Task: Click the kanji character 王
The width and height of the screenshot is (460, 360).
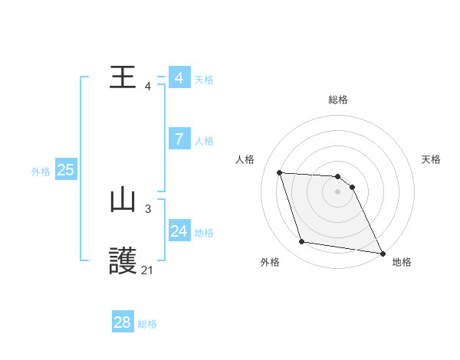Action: pyautogui.click(x=123, y=77)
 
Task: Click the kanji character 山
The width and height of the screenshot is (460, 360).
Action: pyautogui.click(x=123, y=201)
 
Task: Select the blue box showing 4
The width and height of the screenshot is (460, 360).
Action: pyautogui.click(x=179, y=78)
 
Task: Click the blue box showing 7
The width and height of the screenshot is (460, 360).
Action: pyautogui.click(x=179, y=139)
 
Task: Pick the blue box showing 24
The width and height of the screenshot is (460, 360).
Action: pyautogui.click(x=179, y=231)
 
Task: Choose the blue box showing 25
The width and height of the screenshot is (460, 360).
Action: pyautogui.click(x=65, y=170)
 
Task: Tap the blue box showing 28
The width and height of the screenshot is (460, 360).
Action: pyautogui.click(x=123, y=322)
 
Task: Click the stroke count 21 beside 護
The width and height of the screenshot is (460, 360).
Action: pyautogui.click(x=147, y=270)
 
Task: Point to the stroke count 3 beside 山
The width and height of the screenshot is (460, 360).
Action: pyautogui.click(x=147, y=208)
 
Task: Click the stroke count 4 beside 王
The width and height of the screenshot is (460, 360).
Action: pyautogui.click(x=147, y=87)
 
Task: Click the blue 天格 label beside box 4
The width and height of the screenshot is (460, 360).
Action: pyautogui.click(x=204, y=80)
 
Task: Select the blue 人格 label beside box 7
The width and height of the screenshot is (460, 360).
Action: pyautogui.click(x=204, y=141)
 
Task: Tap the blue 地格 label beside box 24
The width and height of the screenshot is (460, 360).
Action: pyautogui.click(x=204, y=233)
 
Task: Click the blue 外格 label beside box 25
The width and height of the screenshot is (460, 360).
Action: pyautogui.click(x=41, y=172)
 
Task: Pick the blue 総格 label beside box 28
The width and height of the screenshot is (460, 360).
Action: pyautogui.click(x=147, y=324)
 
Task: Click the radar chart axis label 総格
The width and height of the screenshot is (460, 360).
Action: pyautogui.click(x=338, y=100)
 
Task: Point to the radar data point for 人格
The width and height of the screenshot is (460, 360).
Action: pyautogui.click(x=279, y=172)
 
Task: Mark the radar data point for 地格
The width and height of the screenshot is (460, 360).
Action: pyautogui.click(x=381, y=253)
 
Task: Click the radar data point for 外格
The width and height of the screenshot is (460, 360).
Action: pyautogui.click(x=302, y=242)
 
